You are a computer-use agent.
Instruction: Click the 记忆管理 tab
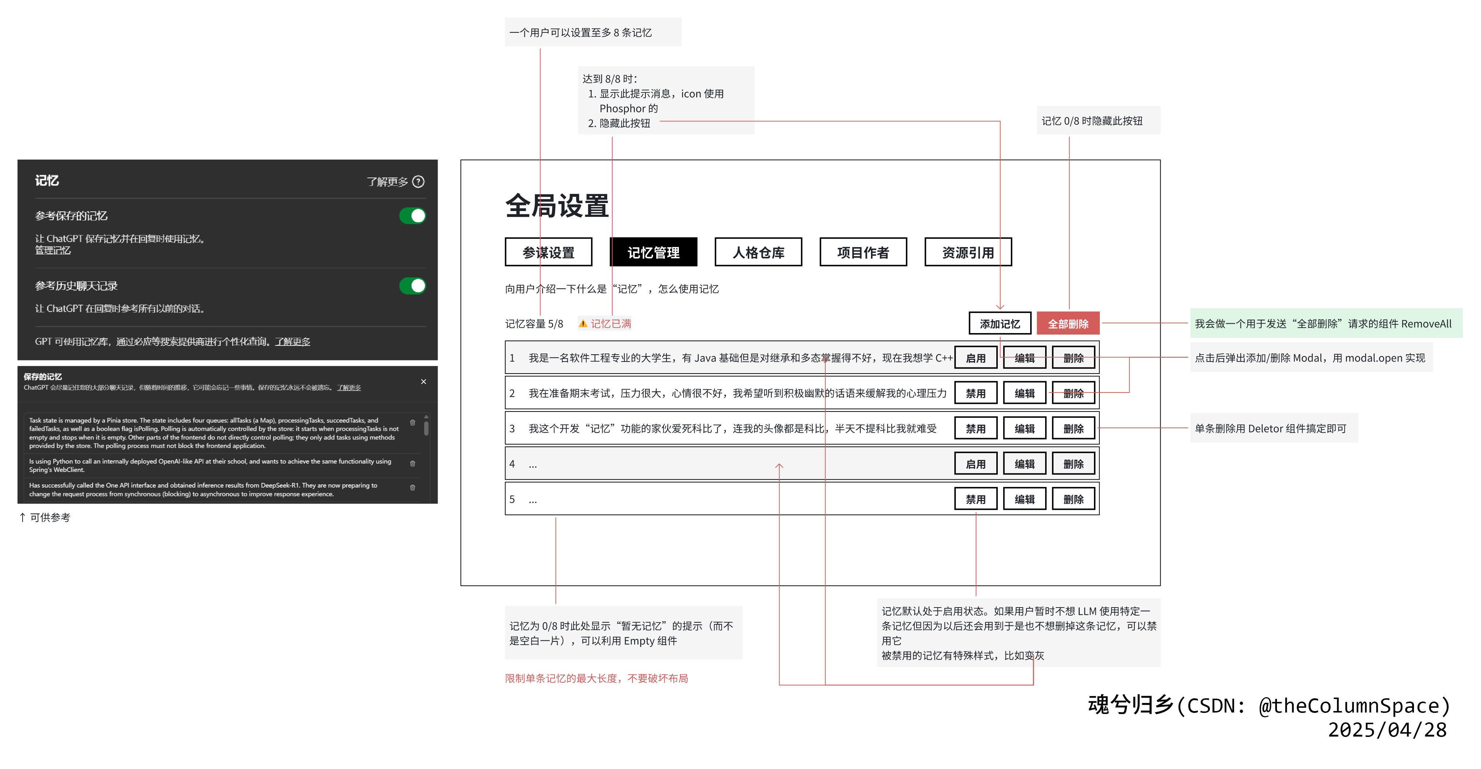point(653,253)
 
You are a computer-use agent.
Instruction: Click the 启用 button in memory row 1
point(975,358)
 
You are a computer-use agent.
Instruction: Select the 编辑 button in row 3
point(1024,429)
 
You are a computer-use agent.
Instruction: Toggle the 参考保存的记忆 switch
point(412,216)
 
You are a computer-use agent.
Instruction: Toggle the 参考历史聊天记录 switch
point(412,286)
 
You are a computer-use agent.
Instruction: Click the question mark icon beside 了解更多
point(419,182)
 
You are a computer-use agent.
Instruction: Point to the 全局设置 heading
point(556,206)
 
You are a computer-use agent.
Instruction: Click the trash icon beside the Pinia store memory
point(412,423)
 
